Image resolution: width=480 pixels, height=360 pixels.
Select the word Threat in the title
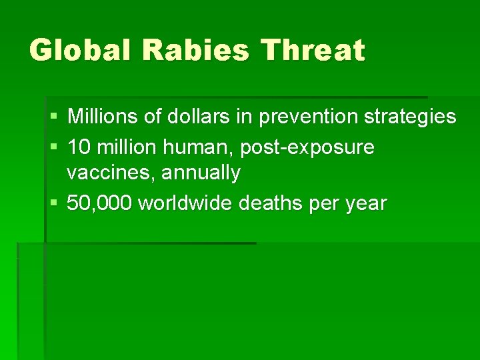[x=314, y=50]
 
